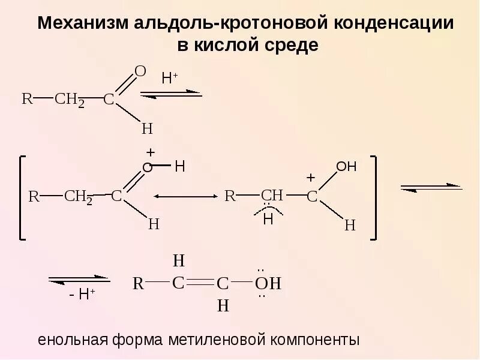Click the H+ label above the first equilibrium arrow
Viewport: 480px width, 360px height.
[170, 78]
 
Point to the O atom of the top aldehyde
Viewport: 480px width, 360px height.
[140, 72]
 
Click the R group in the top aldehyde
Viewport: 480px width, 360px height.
[26, 99]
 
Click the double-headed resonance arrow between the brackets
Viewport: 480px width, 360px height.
[185, 196]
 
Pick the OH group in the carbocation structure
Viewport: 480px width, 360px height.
[346, 167]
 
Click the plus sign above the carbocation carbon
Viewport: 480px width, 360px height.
[310, 178]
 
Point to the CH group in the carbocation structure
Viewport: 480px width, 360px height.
[272, 195]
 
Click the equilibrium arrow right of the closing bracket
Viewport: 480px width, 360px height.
[431, 187]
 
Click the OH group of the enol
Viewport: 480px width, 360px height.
[268, 283]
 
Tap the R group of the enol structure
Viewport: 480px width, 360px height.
[138, 283]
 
